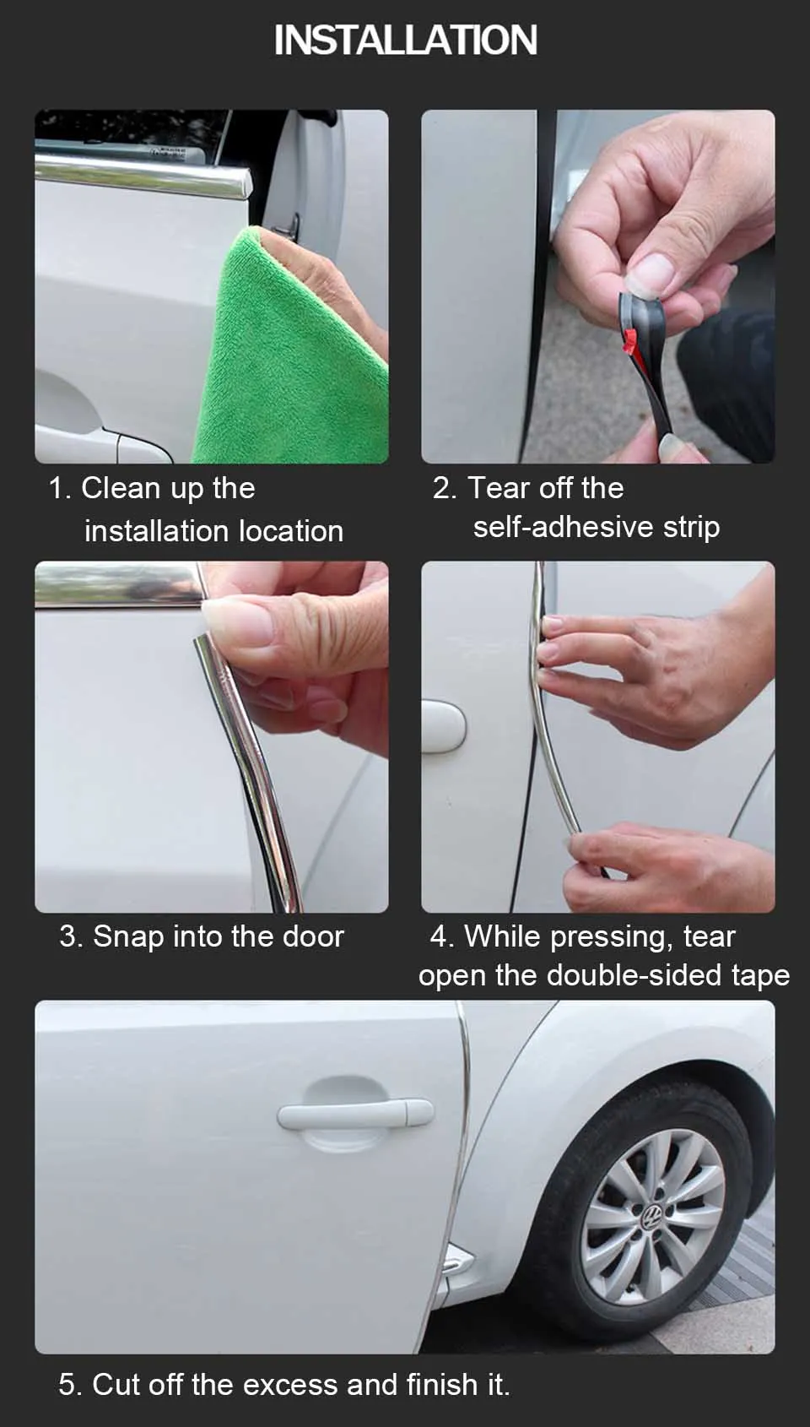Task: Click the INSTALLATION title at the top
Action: coord(406,40)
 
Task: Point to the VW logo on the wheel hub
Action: coord(652,1218)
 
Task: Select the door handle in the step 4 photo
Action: coord(443,725)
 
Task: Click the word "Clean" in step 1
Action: coord(121,488)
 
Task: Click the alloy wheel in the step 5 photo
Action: coord(653,1218)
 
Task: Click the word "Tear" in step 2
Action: coord(498,488)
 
